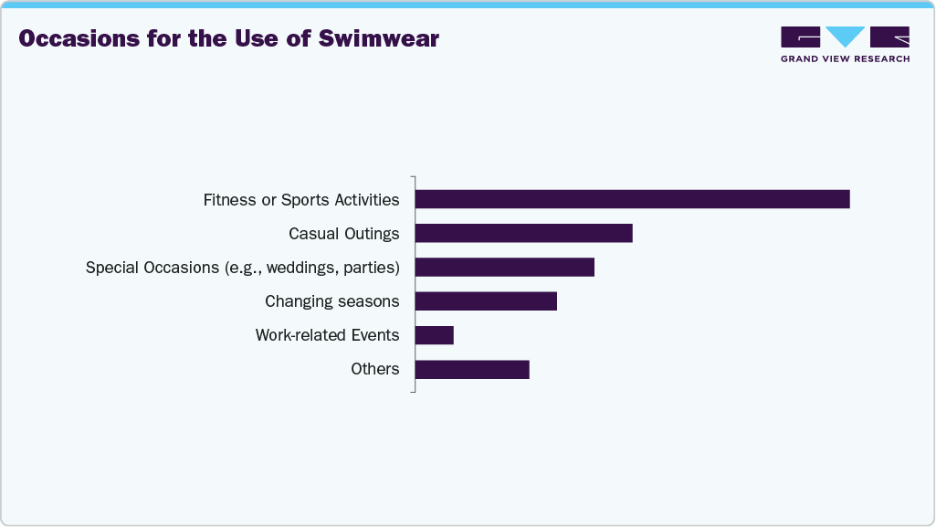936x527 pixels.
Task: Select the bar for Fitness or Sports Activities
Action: (x=632, y=199)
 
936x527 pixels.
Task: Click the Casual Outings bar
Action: (x=523, y=233)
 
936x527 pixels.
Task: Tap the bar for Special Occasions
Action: (x=504, y=267)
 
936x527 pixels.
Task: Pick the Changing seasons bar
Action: (x=485, y=301)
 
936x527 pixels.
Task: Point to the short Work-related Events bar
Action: (x=434, y=335)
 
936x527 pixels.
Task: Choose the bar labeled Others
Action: (x=471, y=369)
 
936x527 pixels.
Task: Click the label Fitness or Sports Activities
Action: (x=300, y=200)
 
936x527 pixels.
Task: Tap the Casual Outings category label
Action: (x=343, y=234)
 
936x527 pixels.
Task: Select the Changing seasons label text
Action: (x=331, y=301)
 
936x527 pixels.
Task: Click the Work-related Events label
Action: (x=327, y=335)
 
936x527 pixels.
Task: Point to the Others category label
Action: (x=374, y=369)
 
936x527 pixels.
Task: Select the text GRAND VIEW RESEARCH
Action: (x=845, y=58)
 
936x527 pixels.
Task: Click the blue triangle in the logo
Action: (x=845, y=36)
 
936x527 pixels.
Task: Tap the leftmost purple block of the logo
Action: (x=800, y=37)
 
